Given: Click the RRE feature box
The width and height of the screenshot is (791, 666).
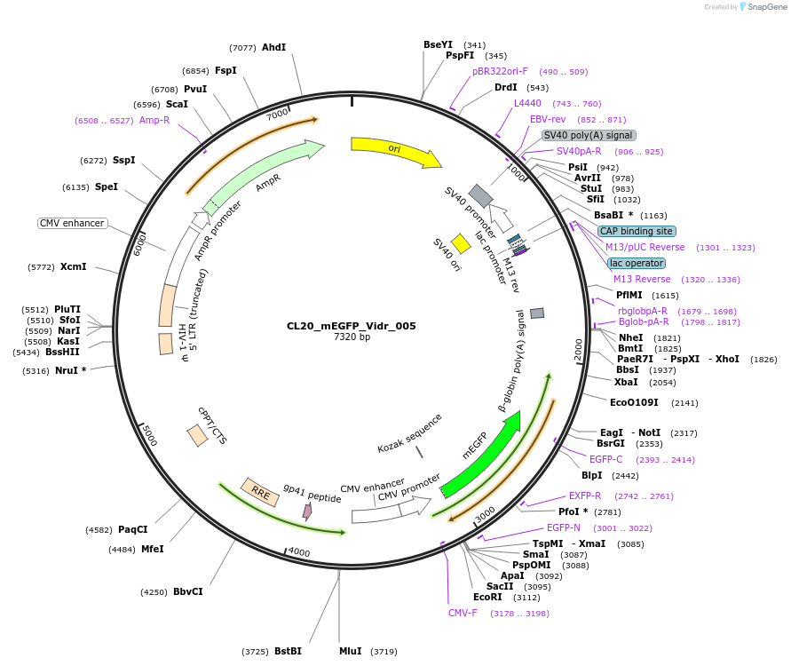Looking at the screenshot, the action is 261,492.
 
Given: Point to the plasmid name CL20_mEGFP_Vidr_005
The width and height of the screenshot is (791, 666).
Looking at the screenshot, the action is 352,326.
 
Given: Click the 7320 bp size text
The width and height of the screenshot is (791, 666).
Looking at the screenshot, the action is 352,337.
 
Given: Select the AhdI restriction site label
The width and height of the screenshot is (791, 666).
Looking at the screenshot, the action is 273,47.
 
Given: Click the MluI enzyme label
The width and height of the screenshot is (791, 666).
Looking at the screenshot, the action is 350,651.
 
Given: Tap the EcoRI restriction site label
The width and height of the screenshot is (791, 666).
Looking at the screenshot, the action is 487,597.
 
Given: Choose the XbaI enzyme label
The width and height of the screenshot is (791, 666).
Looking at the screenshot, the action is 626,382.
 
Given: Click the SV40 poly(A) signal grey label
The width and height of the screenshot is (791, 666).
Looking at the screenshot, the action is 589,135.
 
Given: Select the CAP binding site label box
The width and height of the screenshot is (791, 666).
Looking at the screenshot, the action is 636,231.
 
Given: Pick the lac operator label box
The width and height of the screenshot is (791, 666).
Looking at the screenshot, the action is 636,263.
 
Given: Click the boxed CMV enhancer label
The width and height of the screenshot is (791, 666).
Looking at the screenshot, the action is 73,223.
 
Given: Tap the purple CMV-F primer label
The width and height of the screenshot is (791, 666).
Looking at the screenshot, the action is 463,613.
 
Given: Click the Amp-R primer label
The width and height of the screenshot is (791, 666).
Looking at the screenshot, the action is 154,120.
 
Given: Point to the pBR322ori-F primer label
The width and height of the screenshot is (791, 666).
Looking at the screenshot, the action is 500,71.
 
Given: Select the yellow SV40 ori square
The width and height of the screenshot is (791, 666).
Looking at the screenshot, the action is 461,243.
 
